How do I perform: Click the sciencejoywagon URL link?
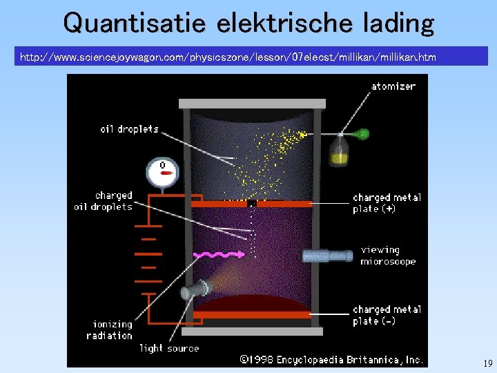(x=228, y=57)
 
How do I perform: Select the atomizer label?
(x=393, y=86)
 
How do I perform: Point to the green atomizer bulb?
(x=362, y=133)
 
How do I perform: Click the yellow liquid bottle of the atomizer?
(x=339, y=155)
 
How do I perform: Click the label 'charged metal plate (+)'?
(x=387, y=202)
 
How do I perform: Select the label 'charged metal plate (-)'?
(x=387, y=315)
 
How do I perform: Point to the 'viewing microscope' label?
(x=388, y=256)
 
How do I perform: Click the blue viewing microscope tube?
(x=328, y=256)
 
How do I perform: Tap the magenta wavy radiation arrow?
(x=220, y=254)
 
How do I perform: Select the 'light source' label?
(x=169, y=348)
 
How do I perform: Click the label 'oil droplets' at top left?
(x=129, y=128)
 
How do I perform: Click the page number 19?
(x=487, y=363)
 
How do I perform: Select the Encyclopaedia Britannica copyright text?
(x=331, y=359)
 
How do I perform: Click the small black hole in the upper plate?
(x=251, y=204)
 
